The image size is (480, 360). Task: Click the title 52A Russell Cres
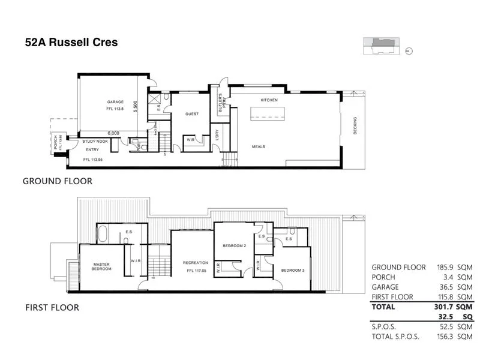(x=71, y=43)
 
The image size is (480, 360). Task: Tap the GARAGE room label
(x=115, y=102)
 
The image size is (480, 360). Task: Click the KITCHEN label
(x=268, y=100)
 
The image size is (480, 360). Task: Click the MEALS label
(x=259, y=146)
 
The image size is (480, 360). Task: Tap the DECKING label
(x=355, y=125)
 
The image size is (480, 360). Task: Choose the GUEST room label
(x=192, y=113)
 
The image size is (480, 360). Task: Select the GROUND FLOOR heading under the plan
(x=57, y=180)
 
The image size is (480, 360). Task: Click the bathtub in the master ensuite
(x=103, y=233)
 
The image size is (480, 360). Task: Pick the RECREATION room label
(x=196, y=263)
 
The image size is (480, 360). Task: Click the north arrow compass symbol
(x=409, y=52)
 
